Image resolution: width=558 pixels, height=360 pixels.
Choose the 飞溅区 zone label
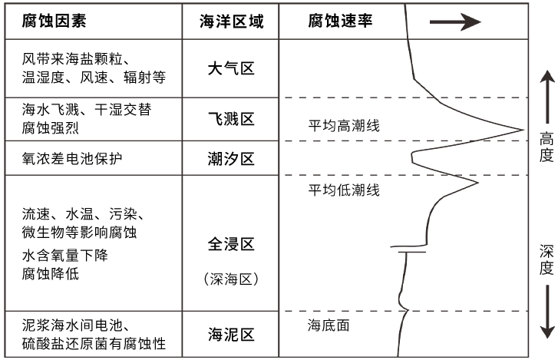click(x=231, y=119)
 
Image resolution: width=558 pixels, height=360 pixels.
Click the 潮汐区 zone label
click(x=231, y=158)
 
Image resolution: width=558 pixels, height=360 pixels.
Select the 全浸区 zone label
click(x=231, y=244)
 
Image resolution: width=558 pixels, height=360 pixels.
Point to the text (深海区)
click(x=231, y=279)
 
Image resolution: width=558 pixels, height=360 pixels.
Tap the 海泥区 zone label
click(x=231, y=334)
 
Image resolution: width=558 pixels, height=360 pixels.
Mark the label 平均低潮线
click(x=338, y=190)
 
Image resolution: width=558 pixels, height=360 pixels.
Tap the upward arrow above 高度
click(x=546, y=96)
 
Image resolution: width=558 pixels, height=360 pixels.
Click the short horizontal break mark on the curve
click(x=407, y=249)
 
